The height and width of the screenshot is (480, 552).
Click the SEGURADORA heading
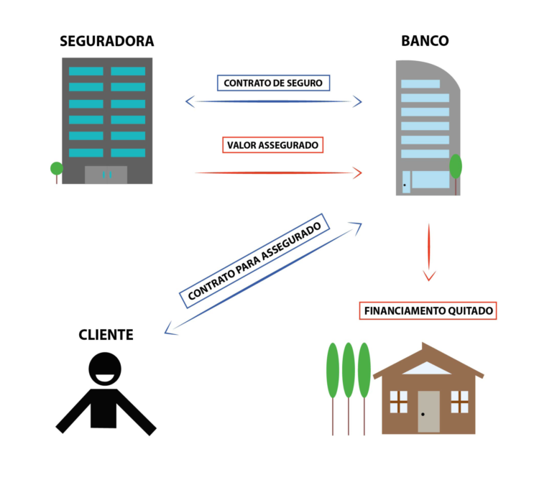[x=106, y=41]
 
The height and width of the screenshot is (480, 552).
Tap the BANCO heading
[x=425, y=41]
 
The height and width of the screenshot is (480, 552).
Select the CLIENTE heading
[x=106, y=334]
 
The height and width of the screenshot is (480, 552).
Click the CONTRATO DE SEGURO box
[x=273, y=83]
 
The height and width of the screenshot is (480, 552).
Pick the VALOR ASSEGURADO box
[x=273, y=145]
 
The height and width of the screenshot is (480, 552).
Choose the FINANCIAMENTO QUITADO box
[x=428, y=311]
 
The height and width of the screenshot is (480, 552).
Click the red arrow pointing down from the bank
[x=429, y=251]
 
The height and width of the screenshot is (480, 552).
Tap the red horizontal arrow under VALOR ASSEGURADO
[x=277, y=172]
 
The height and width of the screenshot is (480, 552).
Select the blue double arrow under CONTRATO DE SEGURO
[x=273, y=101]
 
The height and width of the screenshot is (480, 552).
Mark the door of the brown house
[x=428, y=411]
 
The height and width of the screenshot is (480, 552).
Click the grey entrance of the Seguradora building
[x=106, y=175]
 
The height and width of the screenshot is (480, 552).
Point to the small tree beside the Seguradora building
[x=57, y=170]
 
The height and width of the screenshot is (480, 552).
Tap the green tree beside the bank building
[x=456, y=167]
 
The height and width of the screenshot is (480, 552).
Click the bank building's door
[x=406, y=182]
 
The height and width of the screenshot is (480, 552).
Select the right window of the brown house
[x=459, y=402]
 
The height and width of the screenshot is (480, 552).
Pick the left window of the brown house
[x=398, y=402]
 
